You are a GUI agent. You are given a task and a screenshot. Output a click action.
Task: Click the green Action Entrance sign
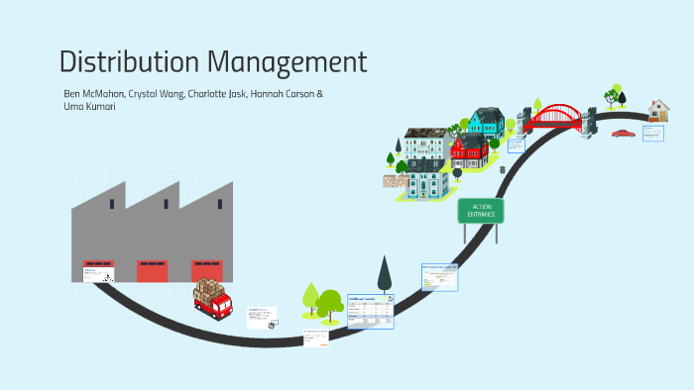point(481,210)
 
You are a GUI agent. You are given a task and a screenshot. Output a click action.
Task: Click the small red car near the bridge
point(623,133)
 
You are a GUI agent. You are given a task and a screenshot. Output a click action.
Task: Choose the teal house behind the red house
point(485,123)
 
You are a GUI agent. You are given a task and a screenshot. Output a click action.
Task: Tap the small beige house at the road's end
point(658,108)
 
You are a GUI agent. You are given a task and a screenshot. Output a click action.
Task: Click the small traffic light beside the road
point(504,169)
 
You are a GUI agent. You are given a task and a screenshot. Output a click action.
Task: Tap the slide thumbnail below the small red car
point(651,134)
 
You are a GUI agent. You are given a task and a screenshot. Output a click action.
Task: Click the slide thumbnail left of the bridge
point(516,145)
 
